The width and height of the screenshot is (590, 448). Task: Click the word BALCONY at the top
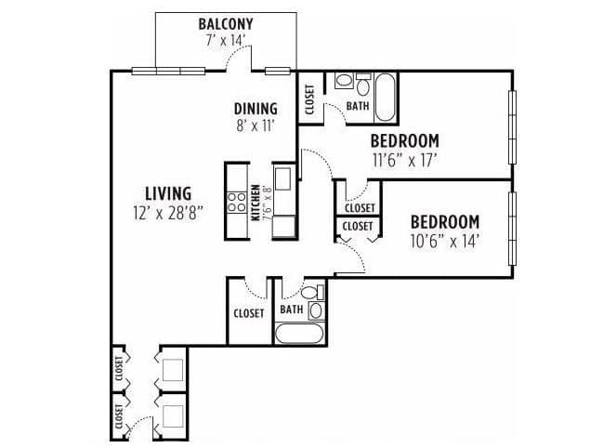[x=225, y=23]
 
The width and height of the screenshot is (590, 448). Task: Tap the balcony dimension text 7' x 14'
[x=225, y=40]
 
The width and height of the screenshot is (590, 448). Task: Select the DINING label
[x=256, y=109]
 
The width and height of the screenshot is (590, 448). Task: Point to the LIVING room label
[x=167, y=192]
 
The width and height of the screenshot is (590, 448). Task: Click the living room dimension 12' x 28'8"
[x=167, y=211]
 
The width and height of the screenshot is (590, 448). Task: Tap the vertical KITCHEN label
[x=256, y=203]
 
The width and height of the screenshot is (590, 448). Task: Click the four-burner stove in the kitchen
[x=236, y=203]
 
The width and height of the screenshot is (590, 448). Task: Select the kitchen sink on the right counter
[x=282, y=178]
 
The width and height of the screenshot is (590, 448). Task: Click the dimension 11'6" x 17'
[x=404, y=159]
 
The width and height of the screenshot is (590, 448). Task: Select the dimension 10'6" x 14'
[x=445, y=241]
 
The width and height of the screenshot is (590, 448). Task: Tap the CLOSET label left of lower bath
[x=248, y=313]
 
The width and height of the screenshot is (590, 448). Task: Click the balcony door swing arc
[x=240, y=59]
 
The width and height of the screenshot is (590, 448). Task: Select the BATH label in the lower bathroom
[x=292, y=310]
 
